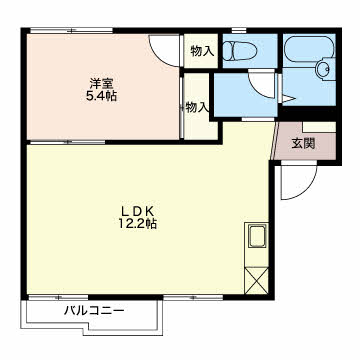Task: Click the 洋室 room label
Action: (x=100, y=82)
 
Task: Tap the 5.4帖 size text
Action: (x=101, y=96)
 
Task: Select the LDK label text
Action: (x=137, y=211)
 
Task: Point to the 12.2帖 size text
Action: (x=137, y=223)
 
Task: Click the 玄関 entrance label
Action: (x=303, y=143)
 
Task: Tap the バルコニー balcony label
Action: (x=94, y=311)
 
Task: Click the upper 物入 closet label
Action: (x=202, y=51)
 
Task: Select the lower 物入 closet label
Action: (x=197, y=107)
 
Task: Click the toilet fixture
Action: (x=239, y=51)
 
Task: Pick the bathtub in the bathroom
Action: (x=309, y=49)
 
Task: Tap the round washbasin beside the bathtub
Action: (x=324, y=69)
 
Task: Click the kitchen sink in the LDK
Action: (x=257, y=236)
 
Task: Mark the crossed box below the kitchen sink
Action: (x=256, y=280)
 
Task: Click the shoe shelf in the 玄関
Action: (x=319, y=127)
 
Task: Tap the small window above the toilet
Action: (x=239, y=31)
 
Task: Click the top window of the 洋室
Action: (x=71, y=31)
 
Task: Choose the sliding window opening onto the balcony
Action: (x=58, y=297)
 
